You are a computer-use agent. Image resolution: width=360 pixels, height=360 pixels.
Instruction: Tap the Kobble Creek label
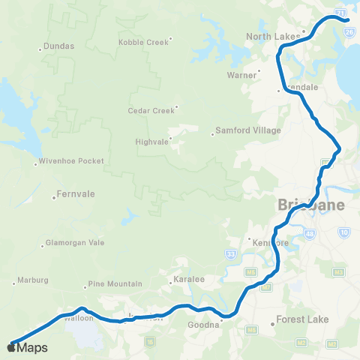143,42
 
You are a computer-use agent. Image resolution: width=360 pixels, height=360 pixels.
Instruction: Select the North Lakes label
271,36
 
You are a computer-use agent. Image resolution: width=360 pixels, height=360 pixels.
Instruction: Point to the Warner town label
242,75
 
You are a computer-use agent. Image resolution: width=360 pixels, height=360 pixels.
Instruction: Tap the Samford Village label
247,130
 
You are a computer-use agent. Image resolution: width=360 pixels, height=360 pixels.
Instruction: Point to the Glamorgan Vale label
75,244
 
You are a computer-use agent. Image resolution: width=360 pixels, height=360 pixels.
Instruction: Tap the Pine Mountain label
115,284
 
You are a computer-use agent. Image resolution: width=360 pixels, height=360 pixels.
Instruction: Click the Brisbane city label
311,205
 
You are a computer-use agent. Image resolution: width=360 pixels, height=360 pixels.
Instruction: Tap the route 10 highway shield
344,234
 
